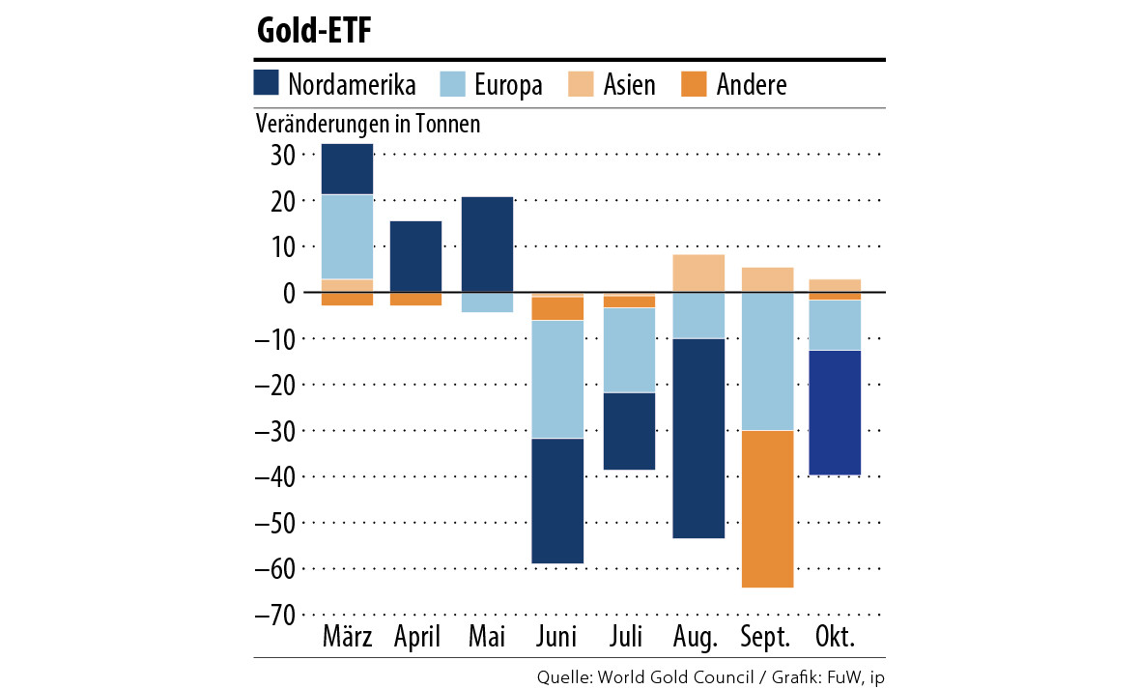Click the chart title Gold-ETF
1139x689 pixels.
tap(314, 31)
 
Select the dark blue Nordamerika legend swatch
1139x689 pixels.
tap(267, 83)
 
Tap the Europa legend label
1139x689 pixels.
tap(508, 85)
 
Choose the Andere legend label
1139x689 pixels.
tap(752, 85)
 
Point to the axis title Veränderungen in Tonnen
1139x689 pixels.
tap(367, 125)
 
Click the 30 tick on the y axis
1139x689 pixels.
tap(276, 155)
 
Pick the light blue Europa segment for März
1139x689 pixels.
tap(347, 237)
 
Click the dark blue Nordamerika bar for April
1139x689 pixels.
tap(416, 256)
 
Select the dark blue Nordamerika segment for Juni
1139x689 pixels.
tap(558, 501)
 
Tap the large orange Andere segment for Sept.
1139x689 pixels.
tap(767, 508)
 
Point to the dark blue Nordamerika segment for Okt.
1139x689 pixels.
tap(836, 413)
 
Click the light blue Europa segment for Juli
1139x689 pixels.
tap(630, 350)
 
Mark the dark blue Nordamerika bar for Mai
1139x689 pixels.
tap(488, 244)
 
